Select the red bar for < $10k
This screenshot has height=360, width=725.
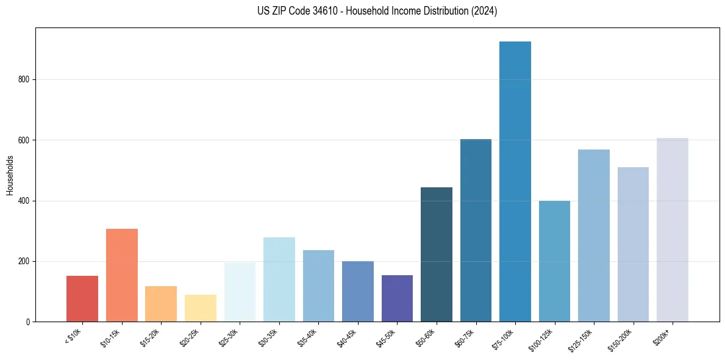[x=82, y=298]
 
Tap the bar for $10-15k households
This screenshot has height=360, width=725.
[x=122, y=275]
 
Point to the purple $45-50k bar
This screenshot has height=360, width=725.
[x=397, y=298]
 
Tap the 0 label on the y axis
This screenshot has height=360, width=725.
[x=28, y=322]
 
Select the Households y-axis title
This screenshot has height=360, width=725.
[x=10, y=175]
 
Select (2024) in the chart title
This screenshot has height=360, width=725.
[x=484, y=12]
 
